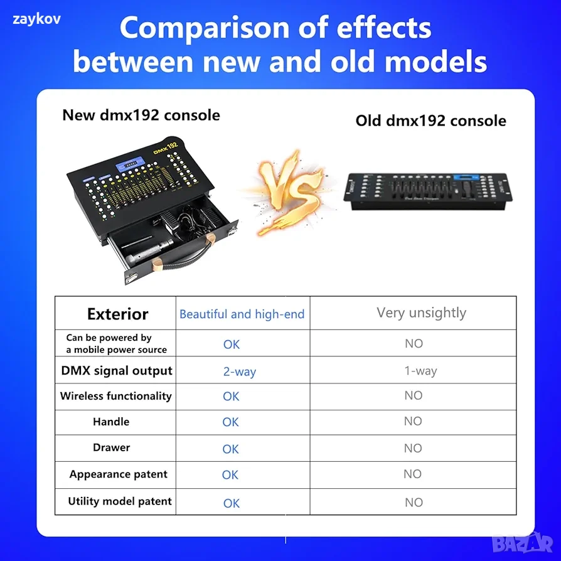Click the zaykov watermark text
pyautogui.click(x=36, y=19)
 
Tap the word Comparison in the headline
pyautogui.click(x=205, y=28)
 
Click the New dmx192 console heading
pyautogui.click(x=141, y=115)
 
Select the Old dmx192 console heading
pyautogui.click(x=430, y=120)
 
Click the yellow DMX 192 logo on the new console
pyautogui.click(x=166, y=147)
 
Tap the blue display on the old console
pyautogui.click(x=466, y=178)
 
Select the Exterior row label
pyautogui.click(x=118, y=314)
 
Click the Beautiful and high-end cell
pyautogui.click(x=242, y=314)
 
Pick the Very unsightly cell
pyautogui.click(x=422, y=313)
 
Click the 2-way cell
pyautogui.click(x=240, y=371)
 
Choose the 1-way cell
pyautogui.click(x=420, y=371)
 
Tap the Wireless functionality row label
pyautogui.click(x=116, y=396)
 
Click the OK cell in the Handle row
pyautogui.click(x=230, y=422)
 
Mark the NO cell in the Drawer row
pyautogui.click(x=413, y=448)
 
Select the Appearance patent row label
pyautogui.click(x=119, y=474)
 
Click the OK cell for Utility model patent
pyautogui.click(x=231, y=503)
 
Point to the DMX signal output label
pyautogui.click(x=117, y=371)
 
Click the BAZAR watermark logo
pyautogui.click(x=522, y=543)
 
